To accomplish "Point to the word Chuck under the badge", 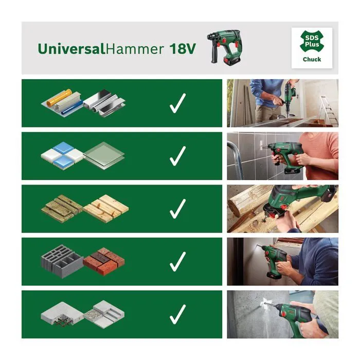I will point(312,59).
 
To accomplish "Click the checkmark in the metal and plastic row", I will point(177,103).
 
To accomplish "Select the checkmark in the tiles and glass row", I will point(177,156).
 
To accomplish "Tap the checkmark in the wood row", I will point(177,208).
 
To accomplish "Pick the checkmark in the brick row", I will point(177,261).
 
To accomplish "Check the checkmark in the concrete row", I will point(177,314).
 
